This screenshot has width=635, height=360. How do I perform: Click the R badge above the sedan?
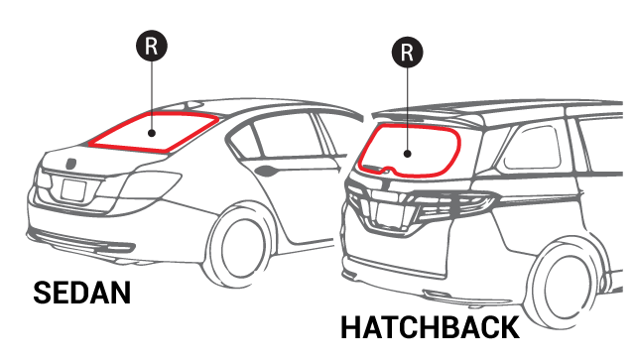152,46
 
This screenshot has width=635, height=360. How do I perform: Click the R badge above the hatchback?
408,53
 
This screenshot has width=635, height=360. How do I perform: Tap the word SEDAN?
81,293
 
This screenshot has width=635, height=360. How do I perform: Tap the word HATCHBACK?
430,327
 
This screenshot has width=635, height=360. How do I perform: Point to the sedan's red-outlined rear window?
154,114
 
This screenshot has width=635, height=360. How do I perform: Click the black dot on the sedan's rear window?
152,133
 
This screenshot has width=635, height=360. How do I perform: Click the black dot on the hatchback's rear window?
408,154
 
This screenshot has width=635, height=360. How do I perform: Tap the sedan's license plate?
73,190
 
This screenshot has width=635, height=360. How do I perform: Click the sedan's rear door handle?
267,171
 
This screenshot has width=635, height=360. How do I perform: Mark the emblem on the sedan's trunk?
70,164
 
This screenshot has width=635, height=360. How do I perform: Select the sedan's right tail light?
150,184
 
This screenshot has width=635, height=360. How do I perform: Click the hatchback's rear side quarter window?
531,148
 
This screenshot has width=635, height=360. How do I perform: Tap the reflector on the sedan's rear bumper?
117,245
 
